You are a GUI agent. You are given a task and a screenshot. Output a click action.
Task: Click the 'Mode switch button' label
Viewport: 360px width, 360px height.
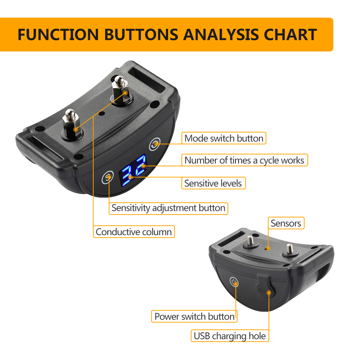224,138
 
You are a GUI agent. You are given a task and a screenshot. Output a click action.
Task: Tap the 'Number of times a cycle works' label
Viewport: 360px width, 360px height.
244,160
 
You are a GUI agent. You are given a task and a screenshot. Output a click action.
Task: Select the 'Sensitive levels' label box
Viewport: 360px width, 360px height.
213,183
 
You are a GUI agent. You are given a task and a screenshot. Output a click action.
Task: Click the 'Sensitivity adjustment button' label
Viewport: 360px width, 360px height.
168,208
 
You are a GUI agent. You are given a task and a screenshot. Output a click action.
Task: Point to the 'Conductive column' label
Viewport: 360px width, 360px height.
134,232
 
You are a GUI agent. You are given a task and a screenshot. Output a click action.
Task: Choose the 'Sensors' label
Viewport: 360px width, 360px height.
285,223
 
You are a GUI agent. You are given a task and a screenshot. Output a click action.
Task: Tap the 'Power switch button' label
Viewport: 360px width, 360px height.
194,316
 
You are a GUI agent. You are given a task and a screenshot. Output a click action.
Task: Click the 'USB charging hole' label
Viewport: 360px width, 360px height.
230,336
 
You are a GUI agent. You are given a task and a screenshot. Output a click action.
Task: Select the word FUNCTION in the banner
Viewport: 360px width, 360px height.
58,35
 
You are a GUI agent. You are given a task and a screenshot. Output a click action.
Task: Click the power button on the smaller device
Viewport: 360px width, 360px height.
234,282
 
